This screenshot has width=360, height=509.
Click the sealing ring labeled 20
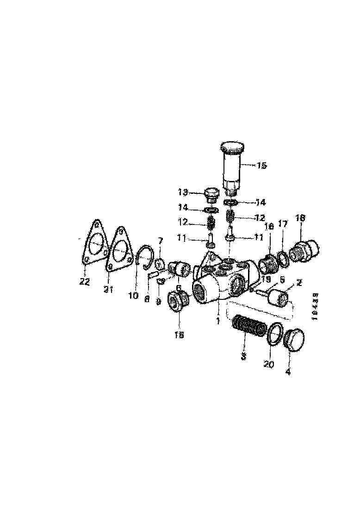pyautogui.click(x=275, y=333)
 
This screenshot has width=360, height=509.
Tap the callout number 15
pyautogui.click(x=261, y=166)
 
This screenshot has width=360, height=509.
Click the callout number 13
pyautogui.click(x=183, y=192)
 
